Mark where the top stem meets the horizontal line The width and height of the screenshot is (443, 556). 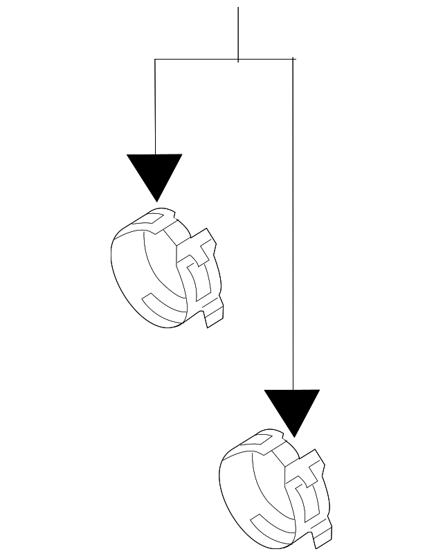pos(238,60)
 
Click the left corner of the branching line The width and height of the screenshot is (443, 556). pos(155,60)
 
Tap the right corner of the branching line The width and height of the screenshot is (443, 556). pos(293,60)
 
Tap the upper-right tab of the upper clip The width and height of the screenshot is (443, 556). pos(206,241)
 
